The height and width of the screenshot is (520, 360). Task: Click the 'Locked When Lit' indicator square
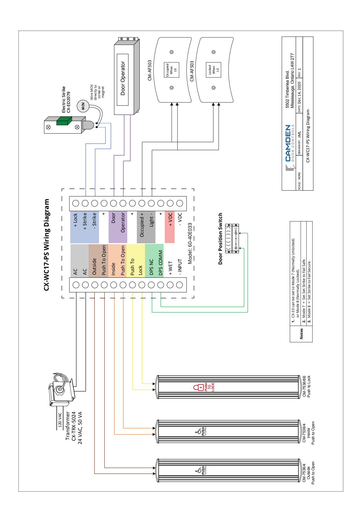(x=214, y=70)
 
